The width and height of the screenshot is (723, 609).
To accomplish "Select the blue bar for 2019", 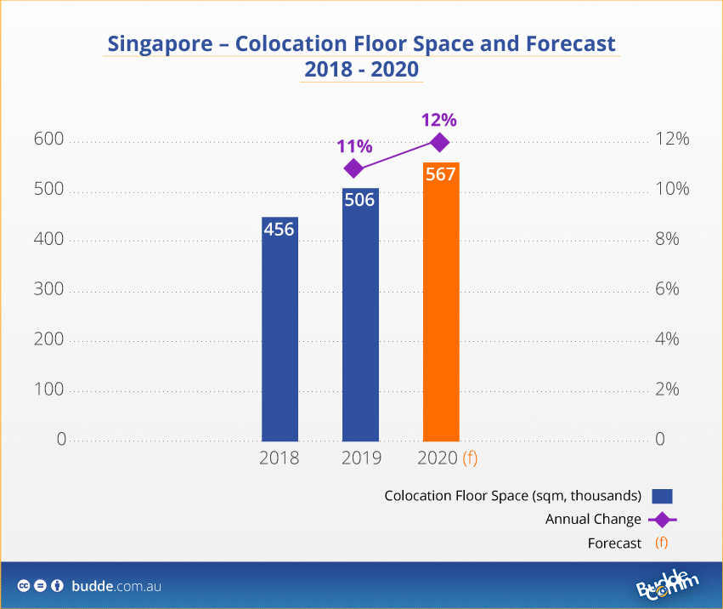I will (360, 315).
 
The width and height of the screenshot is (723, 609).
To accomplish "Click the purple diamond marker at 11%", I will (354, 168).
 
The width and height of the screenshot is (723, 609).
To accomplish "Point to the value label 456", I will (280, 230).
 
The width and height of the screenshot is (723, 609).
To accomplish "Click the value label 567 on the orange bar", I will (441, 174).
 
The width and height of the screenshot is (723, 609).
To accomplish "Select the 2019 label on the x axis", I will (361, 458).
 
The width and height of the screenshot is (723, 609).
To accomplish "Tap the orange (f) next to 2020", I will (470, 458).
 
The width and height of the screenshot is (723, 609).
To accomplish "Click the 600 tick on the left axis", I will (49, 139).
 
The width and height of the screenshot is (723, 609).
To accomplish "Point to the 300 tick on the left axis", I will (49, 290).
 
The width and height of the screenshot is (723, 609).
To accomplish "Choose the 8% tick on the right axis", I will (667, 240).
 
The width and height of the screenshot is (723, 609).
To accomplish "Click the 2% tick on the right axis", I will (667, 390).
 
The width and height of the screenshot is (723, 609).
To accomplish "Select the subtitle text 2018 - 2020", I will (361, 69).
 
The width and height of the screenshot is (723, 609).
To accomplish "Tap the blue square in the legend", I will (662, 496).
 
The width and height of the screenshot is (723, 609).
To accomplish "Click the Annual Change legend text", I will (593, 519).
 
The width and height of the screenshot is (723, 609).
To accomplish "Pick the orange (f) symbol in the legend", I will (662, 543).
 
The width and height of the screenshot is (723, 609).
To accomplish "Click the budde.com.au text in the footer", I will (116, 586).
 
